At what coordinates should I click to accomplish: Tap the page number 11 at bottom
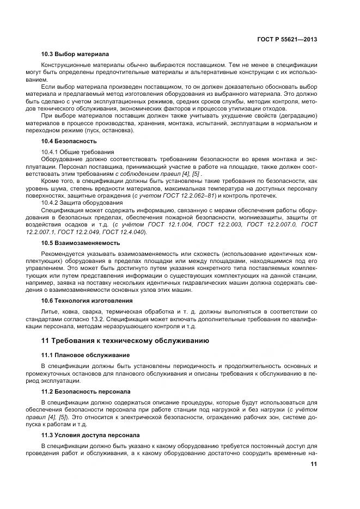(314, 464)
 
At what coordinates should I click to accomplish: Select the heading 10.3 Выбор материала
(75, 54)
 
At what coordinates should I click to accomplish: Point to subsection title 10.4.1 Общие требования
(78, 151)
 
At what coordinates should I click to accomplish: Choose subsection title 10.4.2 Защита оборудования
(82, 203)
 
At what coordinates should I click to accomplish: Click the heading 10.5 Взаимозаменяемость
(81, 243)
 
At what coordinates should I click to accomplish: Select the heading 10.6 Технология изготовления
(87, 301)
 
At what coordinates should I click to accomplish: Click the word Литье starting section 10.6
(51, 311)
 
